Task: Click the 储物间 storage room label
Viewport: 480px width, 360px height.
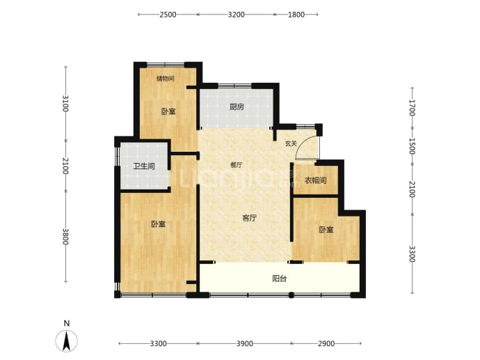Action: (x=166, y=79)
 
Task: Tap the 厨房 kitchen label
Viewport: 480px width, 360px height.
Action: (x=237, y=107)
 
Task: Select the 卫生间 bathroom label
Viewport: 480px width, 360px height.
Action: (x=144, y=166)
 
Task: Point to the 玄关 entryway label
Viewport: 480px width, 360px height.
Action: (x=291, y=143)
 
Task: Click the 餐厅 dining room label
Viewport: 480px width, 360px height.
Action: (x=237, y=165)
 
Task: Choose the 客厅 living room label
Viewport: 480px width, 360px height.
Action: (x=249, y=218)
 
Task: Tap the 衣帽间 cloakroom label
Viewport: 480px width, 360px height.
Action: (x=315, y=180)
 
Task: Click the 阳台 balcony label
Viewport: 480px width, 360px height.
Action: (x=280, y=279)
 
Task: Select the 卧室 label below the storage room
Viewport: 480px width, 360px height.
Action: (x=168, y=111)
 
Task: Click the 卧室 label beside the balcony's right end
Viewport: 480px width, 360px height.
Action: (x=326, y=230)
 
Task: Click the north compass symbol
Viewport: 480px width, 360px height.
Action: (x=66, y=341)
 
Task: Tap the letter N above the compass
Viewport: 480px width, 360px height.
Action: (x=67, y=323)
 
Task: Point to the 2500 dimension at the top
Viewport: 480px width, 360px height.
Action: (x=168, y=15)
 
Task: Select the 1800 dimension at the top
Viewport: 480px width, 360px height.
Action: (x=296, y=15)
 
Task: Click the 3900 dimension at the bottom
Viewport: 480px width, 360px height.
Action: (x=245, y=344)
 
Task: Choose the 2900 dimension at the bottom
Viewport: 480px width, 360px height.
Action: (x=326, y=344)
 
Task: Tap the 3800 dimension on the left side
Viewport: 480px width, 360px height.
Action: (x=65, y=237)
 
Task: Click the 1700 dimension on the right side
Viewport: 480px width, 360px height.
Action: (x=412, y=108)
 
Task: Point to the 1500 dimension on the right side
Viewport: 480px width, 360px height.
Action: (x=412, y=146)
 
